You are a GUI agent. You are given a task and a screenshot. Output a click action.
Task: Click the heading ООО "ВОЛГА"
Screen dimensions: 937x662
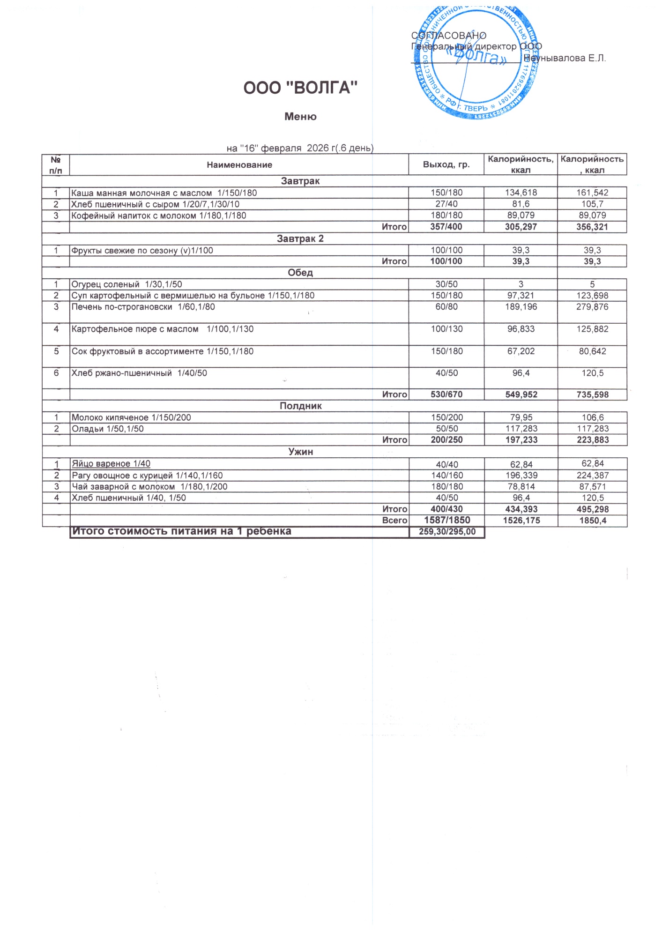pyautogui.click(x=300, y=88)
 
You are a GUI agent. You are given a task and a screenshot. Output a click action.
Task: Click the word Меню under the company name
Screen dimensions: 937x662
pyautogui.click(x=300, y=117)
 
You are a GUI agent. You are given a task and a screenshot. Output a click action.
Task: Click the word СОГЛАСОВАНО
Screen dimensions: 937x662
pyautogui.click(x=448, y=36)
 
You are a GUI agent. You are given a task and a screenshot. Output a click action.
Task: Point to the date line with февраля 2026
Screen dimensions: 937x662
pyautogui.click(x=300, y=149)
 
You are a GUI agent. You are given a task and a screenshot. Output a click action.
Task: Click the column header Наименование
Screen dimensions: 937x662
pyautogui.click(x=239, y=165)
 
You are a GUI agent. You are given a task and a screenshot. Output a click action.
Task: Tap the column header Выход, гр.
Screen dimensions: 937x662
pyautogui.click(x=446, y=164)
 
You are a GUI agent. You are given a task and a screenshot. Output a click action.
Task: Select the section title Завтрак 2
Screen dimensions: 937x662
pyautogui.click(x=300, y=239)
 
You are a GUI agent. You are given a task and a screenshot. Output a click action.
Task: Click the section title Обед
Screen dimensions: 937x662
pyautogui.click(x=300, y=273)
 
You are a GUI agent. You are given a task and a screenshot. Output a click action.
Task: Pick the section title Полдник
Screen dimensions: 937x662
pyautogui.click(x=300, y=406)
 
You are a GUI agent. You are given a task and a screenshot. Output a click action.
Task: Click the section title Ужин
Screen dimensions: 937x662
pyautogui.click(x=300, y=452)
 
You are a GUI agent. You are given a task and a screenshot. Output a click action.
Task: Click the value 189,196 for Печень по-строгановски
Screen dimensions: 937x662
pyautogui.click(x=521, y=307)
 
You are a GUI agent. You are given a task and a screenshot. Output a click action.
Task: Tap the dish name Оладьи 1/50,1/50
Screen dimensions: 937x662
pyautogui.click(x=108, y=429)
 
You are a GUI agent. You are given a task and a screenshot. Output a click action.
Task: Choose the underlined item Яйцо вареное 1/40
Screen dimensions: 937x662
pyautogui.click(x=111, y=464)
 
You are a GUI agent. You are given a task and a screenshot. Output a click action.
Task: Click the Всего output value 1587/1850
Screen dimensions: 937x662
pyautogui.click(x=447, y=520)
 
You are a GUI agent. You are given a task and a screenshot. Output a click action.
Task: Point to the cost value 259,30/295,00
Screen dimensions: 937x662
pyautogui.click(x=447, y=532)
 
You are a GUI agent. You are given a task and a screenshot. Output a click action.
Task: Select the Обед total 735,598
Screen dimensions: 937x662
pyautogui.click(x=592, y=394)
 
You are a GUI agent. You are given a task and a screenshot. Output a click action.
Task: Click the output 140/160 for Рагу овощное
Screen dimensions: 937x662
pyautogui.click(x=447, y=476)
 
